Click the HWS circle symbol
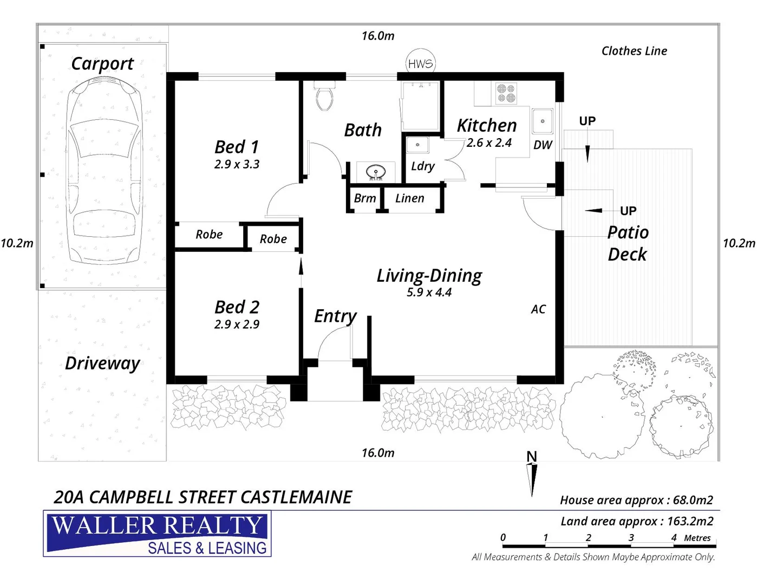(421, 64)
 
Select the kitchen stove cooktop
(506, 93)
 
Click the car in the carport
(103, 171)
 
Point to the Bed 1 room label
(237, 147)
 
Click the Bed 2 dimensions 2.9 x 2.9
(237, 324)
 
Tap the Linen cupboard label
(409, 198)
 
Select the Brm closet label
(364, 198)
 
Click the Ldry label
(422, 166)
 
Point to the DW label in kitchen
(543, 145)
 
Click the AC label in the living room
(538, 309)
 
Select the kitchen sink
(542, 121)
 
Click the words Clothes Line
(634, 51)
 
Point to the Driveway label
(102, 363)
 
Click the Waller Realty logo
(158, 534)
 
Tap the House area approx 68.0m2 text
(636, 500)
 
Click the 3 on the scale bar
(631, 537)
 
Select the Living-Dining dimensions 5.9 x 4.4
(429, 292)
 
